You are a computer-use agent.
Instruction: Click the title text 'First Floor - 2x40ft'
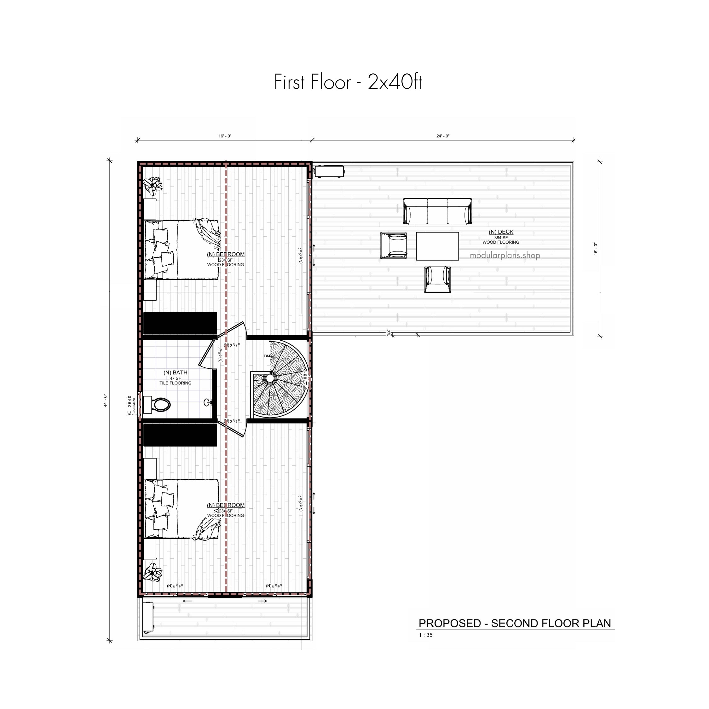(x=348, y=82)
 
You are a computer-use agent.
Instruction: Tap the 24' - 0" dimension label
(x=443, y=136)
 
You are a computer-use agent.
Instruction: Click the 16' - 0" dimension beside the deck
(x=596, y=249)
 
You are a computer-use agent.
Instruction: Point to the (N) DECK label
(x=501, y=232)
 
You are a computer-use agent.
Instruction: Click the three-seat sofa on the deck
(x=437, y=211)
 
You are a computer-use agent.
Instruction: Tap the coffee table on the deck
(x=437, y=246)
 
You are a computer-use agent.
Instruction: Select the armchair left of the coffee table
(x=393, y=245)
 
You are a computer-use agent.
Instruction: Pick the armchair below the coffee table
(x=437, y=280)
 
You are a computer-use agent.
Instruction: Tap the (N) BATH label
(x=176, y=372)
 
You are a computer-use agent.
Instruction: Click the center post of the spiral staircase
(x=270, y=378)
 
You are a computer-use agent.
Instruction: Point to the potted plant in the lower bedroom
(x=153, y=573)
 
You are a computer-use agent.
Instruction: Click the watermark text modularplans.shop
(x=505, y=256)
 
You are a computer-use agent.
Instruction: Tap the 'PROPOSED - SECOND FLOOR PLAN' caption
(x=515, y=623)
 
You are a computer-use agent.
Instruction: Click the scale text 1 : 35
(x=425, y=635)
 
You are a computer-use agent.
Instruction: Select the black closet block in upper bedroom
(x=180, y=323)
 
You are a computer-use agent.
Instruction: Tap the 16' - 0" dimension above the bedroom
(x=225, y=136)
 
